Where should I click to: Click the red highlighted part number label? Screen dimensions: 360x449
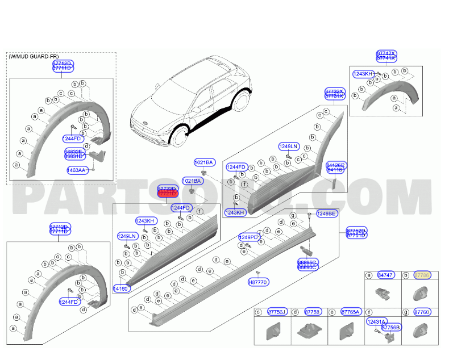point(167,194)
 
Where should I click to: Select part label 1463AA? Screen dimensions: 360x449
point(76,170)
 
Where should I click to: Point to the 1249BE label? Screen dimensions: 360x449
point(326,214)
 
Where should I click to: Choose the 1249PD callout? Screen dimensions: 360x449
point(248,237)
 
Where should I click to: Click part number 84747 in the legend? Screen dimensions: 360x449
point(386,275)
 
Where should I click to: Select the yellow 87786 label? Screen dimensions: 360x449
point(422,275)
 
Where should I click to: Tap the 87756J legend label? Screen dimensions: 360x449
point(278,312)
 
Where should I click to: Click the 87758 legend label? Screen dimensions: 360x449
point(313,312)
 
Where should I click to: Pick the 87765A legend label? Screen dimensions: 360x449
point(351,312)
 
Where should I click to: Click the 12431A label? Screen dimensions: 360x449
point(377,321)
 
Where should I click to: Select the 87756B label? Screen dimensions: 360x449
point(390,327)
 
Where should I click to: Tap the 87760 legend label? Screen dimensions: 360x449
point(422,312)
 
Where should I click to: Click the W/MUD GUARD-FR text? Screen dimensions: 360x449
point(33,57)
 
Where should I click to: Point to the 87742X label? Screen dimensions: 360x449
point(386,53)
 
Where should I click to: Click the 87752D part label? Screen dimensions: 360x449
point(356,231)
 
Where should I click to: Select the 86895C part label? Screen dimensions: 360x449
point(308,262)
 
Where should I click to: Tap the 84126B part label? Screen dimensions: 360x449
point(335,165)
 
